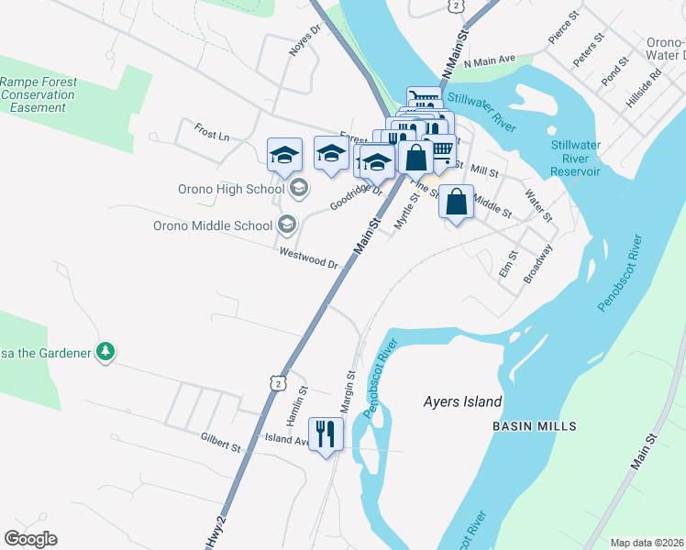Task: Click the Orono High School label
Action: point(224,190)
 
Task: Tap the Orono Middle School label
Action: point(213,225)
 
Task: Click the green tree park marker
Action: point(105,352)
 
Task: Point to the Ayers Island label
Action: point(462,401)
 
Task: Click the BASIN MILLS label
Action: point(534,426)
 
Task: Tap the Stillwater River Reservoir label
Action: point(575,158)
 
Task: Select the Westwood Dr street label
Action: point(309,259)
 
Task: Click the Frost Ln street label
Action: point(212,133)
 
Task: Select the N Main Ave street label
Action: point(490,60)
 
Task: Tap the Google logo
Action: point(30,539)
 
